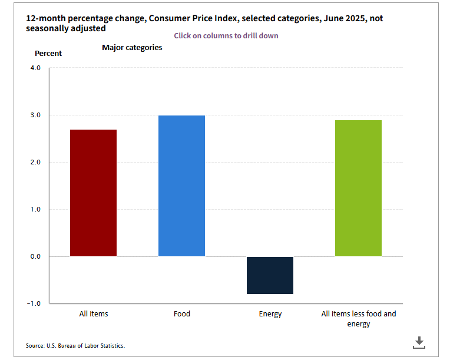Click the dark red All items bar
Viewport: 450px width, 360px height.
point(93,193)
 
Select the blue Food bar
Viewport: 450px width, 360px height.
point(181,186)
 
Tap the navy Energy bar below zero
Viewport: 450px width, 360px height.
point(270,275)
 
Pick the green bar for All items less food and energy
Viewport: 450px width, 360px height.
point(358,189)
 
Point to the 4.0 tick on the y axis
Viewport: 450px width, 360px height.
point(34,68)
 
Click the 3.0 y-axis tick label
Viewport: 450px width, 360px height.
point(34,115)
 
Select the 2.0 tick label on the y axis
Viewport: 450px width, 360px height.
point(34,163)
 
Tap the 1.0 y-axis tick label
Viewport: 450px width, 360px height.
point(34,210)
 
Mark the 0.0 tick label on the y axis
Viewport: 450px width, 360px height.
point(34,257)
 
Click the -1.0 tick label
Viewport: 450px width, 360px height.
point(33,304)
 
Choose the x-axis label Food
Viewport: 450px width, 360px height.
point(181,314)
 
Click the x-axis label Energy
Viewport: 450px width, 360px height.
point(270,314)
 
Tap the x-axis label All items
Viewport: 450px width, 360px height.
point(94,314)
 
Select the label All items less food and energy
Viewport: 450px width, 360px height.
point(358,319)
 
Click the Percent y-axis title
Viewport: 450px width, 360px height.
point(48,54)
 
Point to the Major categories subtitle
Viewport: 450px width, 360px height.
point(132,48)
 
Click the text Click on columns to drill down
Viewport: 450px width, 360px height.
point(226,36)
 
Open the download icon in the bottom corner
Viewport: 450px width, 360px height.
point(419,342)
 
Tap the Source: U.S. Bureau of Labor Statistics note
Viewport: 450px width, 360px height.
point(75,346)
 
